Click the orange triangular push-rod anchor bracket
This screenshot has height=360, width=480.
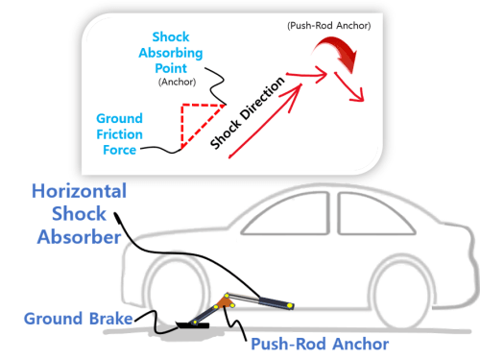tap(225, 302)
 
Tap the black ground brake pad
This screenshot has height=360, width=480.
tap(193, 325)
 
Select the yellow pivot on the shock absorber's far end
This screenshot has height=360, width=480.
tap(290, 305)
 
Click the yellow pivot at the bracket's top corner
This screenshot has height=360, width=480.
tap(227, 295)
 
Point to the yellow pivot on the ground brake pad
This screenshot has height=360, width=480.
tap(194, 323)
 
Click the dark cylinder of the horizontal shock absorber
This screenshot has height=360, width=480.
tap(276, 303)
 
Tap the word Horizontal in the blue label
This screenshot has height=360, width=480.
tap(80, 191)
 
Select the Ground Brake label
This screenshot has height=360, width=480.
tap(79, 319)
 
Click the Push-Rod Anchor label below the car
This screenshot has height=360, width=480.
tap(320, 345)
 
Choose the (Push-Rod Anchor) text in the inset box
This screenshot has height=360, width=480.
tap(329, 26)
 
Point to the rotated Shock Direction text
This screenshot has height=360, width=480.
tap(247, 112)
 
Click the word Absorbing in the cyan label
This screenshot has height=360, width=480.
tap(171, 53)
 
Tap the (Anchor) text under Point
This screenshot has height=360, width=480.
tap(177, 82)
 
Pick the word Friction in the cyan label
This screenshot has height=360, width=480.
tap(119, 134)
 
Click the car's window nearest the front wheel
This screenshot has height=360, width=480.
tap(286, 214)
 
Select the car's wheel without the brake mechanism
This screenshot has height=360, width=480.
tap(400, 292)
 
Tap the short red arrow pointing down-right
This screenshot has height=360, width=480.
tap(349, 87)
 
